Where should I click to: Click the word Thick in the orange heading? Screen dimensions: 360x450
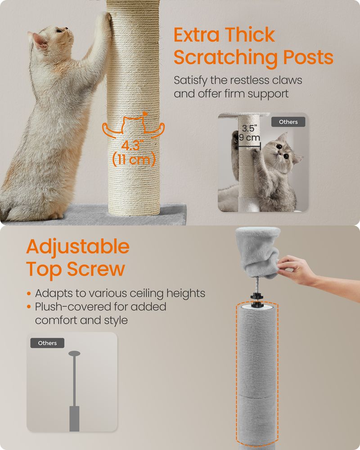coord(249,35)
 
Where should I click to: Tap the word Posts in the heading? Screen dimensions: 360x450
coord(308,57)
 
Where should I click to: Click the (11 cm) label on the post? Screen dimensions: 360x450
coord(134,159)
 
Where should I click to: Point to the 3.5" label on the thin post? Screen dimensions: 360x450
coord(249,128)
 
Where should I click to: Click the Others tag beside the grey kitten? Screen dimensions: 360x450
coord(288,122)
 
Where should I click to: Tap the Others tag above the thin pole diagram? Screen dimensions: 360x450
coord(47,343)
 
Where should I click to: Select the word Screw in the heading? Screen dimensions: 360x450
coord(96,269)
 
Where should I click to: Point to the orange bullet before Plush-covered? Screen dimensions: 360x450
coord(29,307)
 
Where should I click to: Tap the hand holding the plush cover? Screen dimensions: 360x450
coord(296,270)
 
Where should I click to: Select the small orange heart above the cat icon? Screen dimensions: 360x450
coord(145,114)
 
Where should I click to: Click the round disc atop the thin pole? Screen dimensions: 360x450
coord(74,353)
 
